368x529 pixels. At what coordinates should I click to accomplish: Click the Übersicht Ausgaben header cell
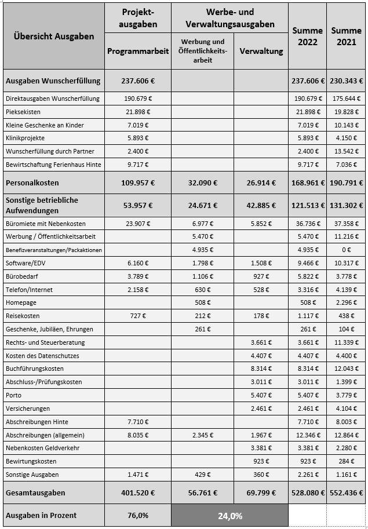coord(53,37)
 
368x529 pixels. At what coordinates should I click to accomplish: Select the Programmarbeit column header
coord(138,51)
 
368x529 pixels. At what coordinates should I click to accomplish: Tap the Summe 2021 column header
coord(346,36)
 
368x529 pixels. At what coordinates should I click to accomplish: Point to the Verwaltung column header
coord(261,51)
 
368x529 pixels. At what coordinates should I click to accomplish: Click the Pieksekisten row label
coord(23,112)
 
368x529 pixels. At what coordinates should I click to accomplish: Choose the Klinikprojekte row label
coord(25,138)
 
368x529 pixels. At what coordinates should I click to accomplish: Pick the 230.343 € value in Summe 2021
coord(346,81)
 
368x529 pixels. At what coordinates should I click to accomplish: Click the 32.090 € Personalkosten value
coord(203,183)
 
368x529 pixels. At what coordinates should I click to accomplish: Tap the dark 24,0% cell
coord(229,515)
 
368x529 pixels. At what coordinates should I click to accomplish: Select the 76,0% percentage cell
coord(138,515)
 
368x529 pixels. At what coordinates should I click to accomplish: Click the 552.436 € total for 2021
coord(346,493)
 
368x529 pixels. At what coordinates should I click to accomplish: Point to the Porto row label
coord(13,396)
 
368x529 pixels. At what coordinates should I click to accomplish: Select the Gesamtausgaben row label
coord(35,493)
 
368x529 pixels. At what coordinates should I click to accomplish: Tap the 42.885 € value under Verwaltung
coord(261,205)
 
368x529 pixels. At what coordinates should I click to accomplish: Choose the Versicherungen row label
coord(27,409)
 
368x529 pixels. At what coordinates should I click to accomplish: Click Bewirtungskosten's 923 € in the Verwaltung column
coord(261,462)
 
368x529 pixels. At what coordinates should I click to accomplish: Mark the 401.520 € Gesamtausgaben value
coord(138,493)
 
